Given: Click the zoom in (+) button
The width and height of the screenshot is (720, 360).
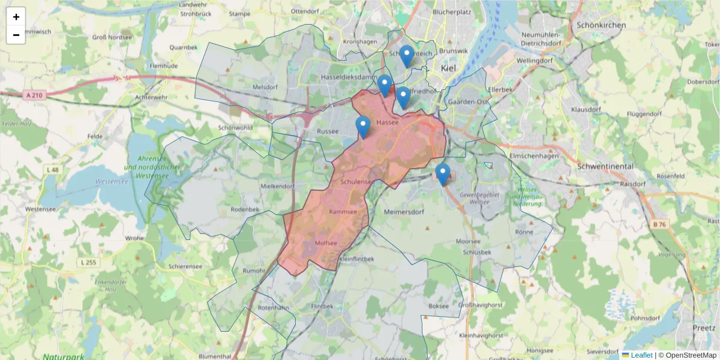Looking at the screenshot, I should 16,17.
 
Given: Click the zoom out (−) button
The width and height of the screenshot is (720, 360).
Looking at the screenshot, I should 16,35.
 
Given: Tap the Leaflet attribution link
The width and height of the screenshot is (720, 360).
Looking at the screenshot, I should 641,355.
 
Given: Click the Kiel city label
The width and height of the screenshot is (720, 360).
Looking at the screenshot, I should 448,68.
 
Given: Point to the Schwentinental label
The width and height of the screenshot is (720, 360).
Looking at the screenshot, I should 608,166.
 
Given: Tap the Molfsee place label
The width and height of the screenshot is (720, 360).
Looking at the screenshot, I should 326,243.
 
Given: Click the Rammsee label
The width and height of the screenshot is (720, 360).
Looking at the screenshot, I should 343,212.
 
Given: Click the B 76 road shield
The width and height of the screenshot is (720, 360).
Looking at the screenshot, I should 659,224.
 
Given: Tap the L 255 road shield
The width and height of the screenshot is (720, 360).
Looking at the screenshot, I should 88,262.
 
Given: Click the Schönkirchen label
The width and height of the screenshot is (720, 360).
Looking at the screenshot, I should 601,25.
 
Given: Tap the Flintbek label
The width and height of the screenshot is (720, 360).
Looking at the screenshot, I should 322,306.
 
